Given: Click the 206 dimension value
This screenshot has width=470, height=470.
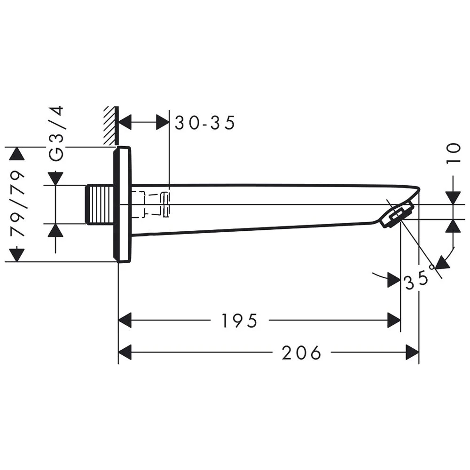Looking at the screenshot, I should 301,352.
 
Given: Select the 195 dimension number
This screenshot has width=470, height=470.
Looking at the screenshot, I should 240,321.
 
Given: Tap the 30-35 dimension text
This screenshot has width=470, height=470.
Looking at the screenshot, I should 204,123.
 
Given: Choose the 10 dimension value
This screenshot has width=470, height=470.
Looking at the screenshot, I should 454,154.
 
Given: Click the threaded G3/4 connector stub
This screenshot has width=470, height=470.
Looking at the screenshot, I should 100,204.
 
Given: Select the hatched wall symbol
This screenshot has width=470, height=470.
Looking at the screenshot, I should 110,125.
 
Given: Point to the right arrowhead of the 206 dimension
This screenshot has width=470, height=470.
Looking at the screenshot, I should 413,352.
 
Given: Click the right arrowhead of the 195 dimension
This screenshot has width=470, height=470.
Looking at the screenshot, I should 394,321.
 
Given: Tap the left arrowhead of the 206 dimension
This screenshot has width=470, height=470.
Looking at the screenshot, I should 125,352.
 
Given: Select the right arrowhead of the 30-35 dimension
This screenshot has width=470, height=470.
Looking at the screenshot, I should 162,123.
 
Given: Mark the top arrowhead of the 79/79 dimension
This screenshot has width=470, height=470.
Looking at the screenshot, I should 17,154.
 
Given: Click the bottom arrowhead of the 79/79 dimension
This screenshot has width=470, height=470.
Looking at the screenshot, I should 17,255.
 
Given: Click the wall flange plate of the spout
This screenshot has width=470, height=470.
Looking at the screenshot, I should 123,204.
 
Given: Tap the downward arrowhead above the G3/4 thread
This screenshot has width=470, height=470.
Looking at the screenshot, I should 56,178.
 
